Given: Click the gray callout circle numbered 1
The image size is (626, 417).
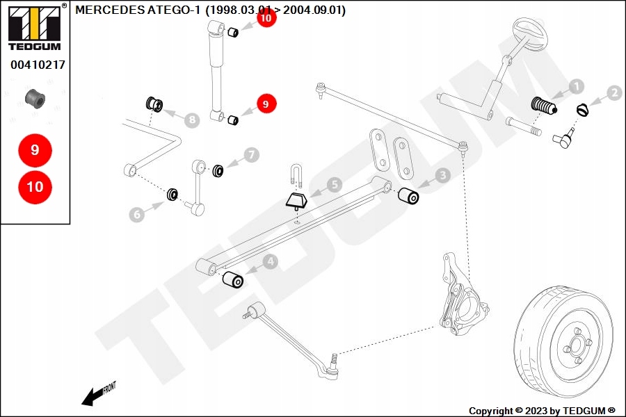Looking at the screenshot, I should pos(576,87).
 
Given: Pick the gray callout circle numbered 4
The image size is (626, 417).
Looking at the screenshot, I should pos(269,262).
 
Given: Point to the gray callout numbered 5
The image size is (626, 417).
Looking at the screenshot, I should pos(335,185).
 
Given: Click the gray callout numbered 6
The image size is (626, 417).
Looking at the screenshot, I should pos(137,215).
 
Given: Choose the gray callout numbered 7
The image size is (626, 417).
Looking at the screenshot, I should pos(250,154).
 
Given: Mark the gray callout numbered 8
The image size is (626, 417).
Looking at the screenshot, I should pos(192,120).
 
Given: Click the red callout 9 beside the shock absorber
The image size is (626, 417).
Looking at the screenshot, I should pos(265,104).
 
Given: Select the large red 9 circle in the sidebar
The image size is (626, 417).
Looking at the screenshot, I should pos(35,149).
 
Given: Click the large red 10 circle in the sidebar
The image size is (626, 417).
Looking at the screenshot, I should pos(35,187).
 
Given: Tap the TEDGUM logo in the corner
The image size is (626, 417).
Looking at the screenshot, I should pos(33,28).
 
